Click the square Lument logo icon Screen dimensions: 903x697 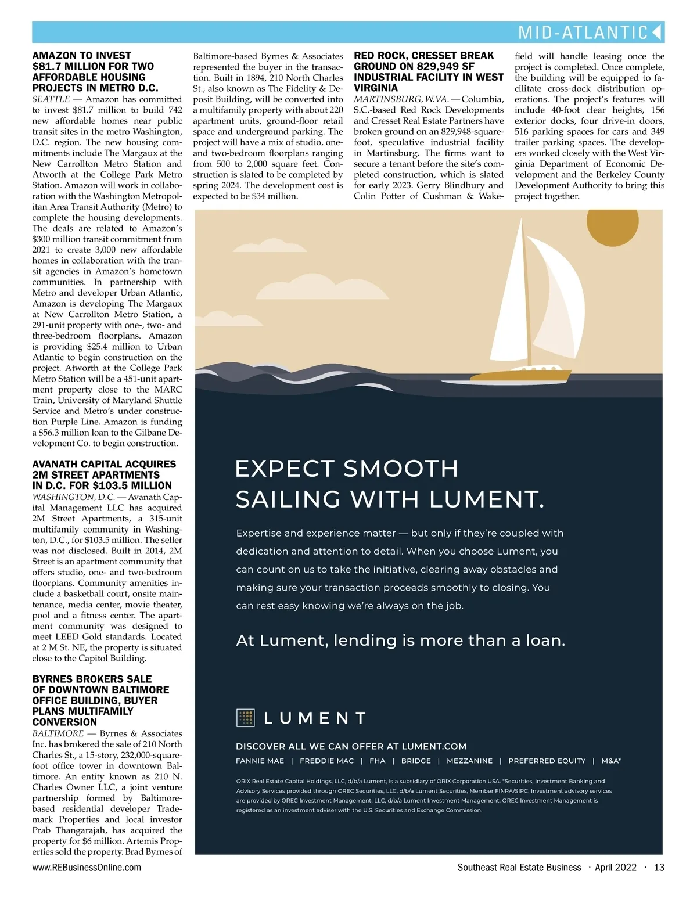246,718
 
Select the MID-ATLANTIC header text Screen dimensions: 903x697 583,33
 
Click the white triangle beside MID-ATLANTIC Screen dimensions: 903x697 657,32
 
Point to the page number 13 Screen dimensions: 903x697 659,868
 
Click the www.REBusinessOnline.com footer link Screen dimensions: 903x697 87,868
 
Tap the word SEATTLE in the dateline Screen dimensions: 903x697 51,99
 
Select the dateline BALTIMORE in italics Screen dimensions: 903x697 58,733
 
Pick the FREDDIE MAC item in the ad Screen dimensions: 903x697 326,761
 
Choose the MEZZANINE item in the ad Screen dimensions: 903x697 469,761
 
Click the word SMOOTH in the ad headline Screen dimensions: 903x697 401,469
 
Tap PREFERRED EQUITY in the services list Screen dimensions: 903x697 547,761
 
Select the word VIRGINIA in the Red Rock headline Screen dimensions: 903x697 376,88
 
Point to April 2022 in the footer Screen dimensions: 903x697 616,868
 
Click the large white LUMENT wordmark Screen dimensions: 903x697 315,718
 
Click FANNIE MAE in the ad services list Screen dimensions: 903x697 260,761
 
